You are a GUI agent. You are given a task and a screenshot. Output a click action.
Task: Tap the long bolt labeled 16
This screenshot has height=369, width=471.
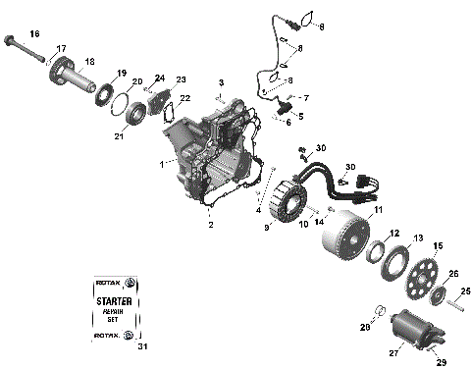24,46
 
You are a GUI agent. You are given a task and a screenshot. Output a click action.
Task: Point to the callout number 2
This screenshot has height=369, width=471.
209,225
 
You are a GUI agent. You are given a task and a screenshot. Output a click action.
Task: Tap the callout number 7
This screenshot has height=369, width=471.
305,98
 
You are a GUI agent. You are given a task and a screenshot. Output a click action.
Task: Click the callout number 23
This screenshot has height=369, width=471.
181,79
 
